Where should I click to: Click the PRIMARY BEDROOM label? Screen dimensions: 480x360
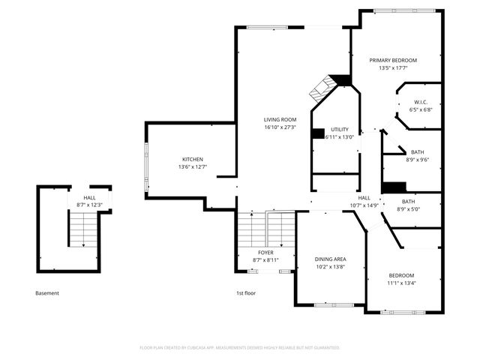click(393, 60)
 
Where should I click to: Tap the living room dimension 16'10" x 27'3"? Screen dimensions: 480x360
click(280, 127)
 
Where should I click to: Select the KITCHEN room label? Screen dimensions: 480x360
click(193, 159)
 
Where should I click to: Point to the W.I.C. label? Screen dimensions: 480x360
click(421, 102)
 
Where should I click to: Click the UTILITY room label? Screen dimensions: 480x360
click(340, 130)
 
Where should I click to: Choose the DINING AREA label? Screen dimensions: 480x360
click(330, 259)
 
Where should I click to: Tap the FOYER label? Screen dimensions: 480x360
click(265, 253)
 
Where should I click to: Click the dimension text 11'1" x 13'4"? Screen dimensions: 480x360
click(401, 283)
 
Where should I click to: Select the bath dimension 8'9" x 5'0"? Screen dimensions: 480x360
click(408, 209)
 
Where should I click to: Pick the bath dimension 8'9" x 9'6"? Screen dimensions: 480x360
click(418, 160)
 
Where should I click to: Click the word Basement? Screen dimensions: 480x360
click(47, 293)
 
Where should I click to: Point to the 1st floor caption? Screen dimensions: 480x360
click(246, 293)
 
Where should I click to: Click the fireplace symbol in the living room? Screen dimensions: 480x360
click(322, 88)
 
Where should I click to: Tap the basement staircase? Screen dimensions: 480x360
click(83, 229)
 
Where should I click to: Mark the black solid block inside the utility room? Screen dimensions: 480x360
click(318, 133)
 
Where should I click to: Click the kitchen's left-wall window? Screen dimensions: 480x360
click(146, 167)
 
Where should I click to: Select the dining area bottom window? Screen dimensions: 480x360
click(334, 305)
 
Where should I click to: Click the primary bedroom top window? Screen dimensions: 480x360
click(404, 11)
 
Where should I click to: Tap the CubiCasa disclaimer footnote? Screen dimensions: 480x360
click(240, 348)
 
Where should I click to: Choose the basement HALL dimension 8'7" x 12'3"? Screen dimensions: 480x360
click(89, 205)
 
